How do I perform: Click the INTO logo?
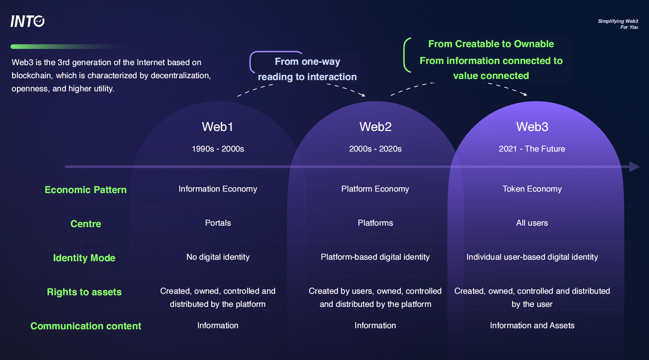(x=27, y=21)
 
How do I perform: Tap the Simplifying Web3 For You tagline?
(x=618, y=24)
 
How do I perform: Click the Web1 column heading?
(x=217, y=127)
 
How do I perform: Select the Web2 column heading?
(x=375, y=127)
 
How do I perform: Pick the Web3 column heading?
(x=532, y=127)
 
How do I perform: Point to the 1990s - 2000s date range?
(x=218, y=149)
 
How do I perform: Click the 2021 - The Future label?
(x=532, y=149)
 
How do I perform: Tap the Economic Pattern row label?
(x=86, y=190)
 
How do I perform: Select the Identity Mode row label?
(x=84, y=258)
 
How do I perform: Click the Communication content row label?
(x=86, y=326)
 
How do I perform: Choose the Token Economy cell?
(x=532, y=189)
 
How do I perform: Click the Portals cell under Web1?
(x=218, y=223)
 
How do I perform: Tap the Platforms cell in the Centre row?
(x=375, y=223)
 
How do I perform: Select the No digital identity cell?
(x=218, y=257)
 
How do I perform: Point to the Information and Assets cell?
(x=532, y=326)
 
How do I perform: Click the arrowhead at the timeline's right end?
(x=634, y=167)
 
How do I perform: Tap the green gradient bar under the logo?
(x=56, y=47)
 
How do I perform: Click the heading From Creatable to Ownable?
(x=491, y=44)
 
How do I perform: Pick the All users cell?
(x=532, y=223)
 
